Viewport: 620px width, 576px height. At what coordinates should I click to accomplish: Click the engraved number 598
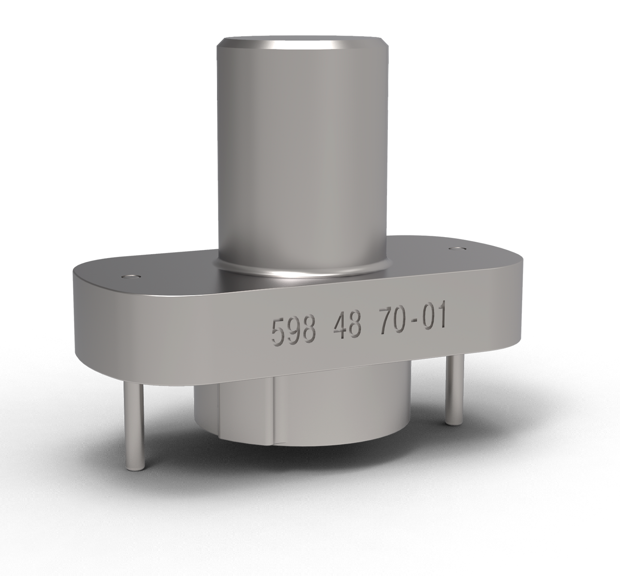click(x=292, y=330)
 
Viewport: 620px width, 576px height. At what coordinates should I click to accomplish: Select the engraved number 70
click(x=392, y=323)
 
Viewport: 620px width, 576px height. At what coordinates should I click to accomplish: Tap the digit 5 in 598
click(x=278, y=332)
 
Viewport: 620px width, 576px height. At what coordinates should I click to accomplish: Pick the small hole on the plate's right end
click(x=456, y=248)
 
